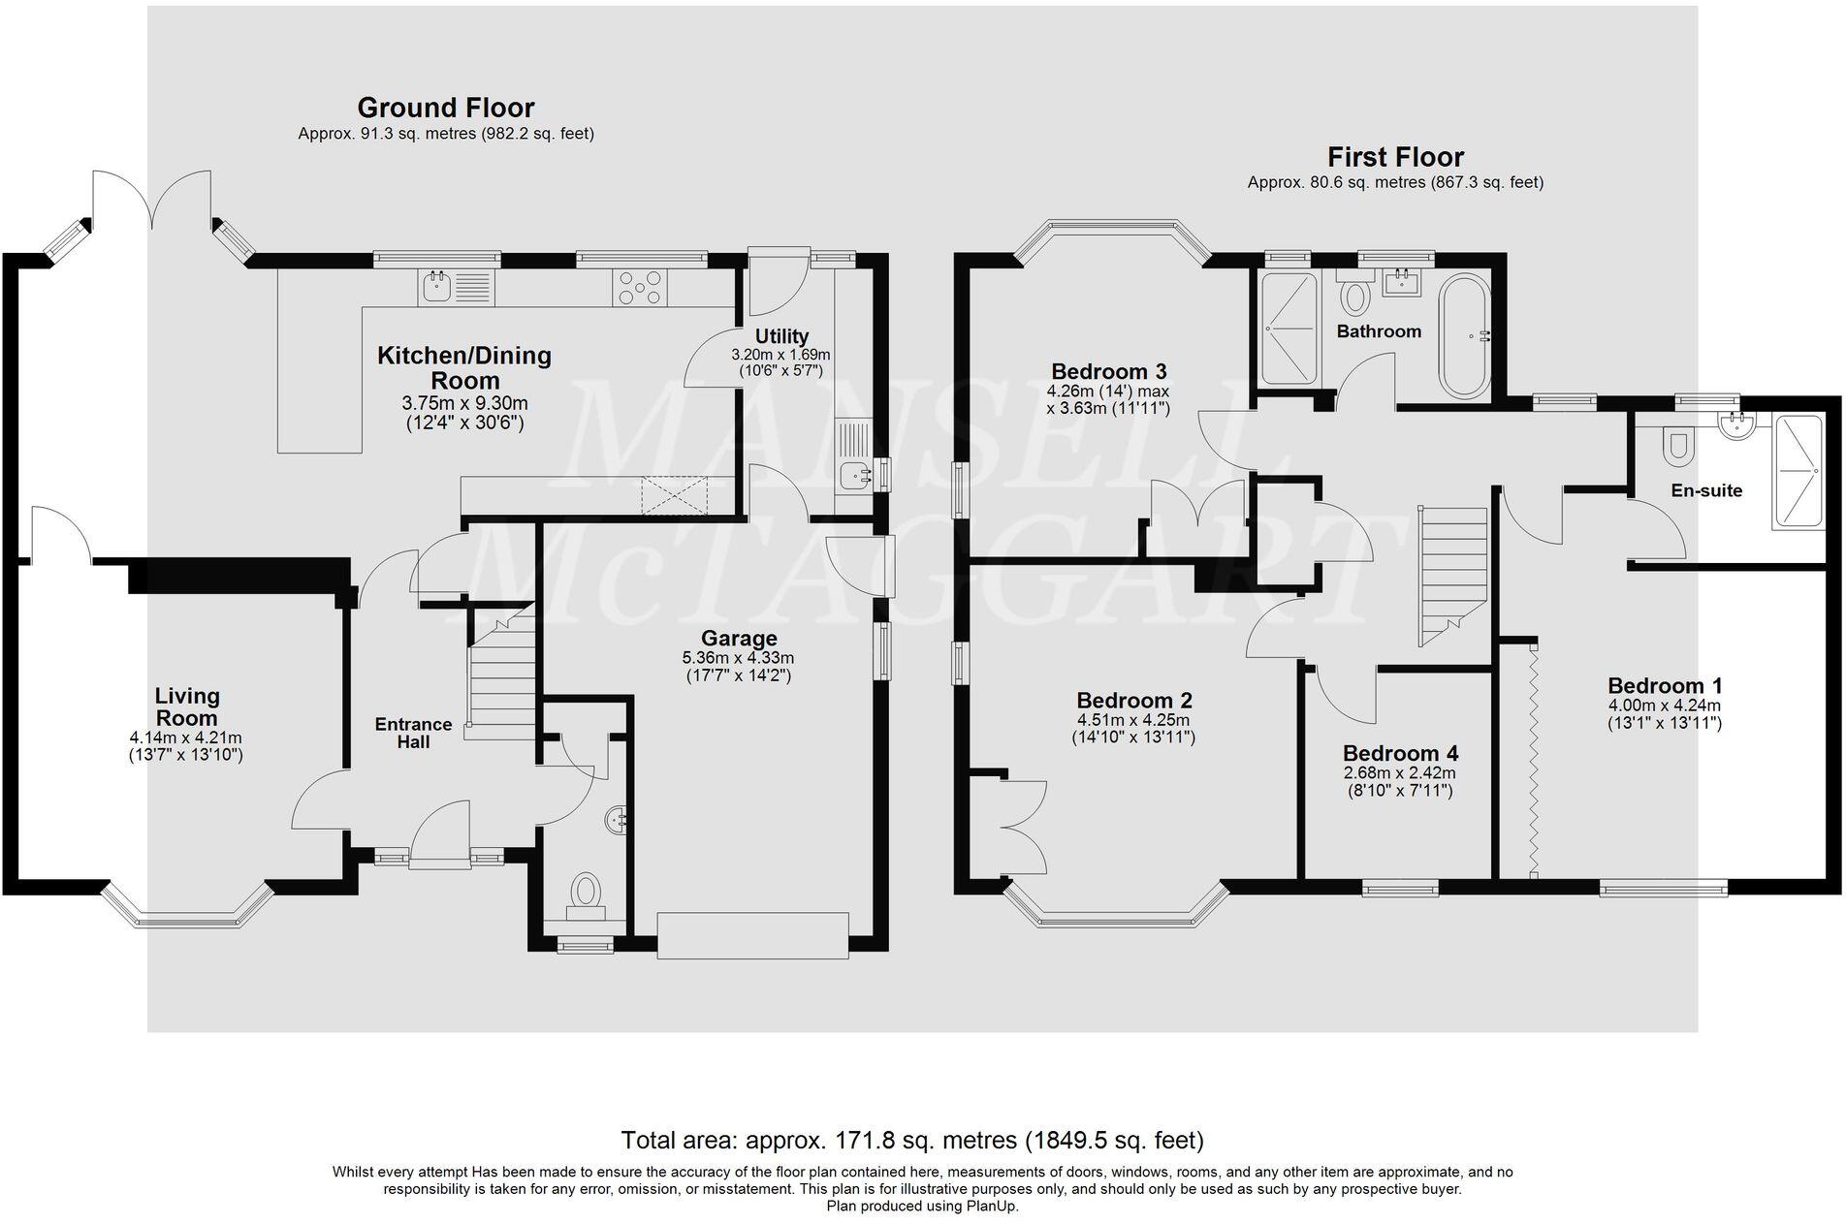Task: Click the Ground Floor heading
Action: click(445, 108)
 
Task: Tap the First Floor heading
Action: click(1395, 157)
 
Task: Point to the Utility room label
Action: click(781, 337)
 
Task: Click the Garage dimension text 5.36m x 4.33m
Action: click(738, 657)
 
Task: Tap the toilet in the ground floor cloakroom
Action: click(585, 893)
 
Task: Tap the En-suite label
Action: click(1706, 490)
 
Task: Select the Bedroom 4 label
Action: click(1400, 753)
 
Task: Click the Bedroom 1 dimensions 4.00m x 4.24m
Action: click(1664, 706)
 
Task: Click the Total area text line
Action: click(911, 1139)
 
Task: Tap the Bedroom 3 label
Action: click(1108, 371)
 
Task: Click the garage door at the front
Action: click(752, 935)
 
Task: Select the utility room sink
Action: click(854, 476)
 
